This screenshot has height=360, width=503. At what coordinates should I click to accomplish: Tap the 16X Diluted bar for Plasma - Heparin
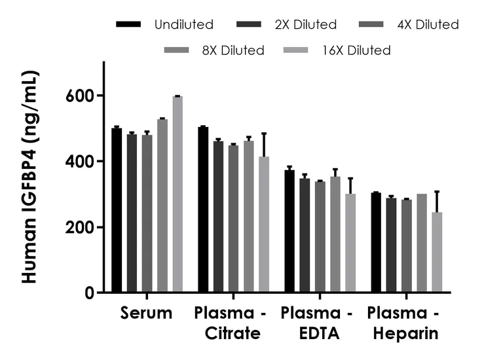[x=437, y=252]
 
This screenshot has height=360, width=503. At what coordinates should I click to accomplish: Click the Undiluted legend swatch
[x=128, y=25]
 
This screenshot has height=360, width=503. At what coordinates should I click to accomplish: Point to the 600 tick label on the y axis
[x=83, y=96]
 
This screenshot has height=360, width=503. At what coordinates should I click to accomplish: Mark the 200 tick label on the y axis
[x=83, y=227]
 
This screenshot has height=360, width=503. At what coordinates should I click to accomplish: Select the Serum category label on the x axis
[x=146, y=314]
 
